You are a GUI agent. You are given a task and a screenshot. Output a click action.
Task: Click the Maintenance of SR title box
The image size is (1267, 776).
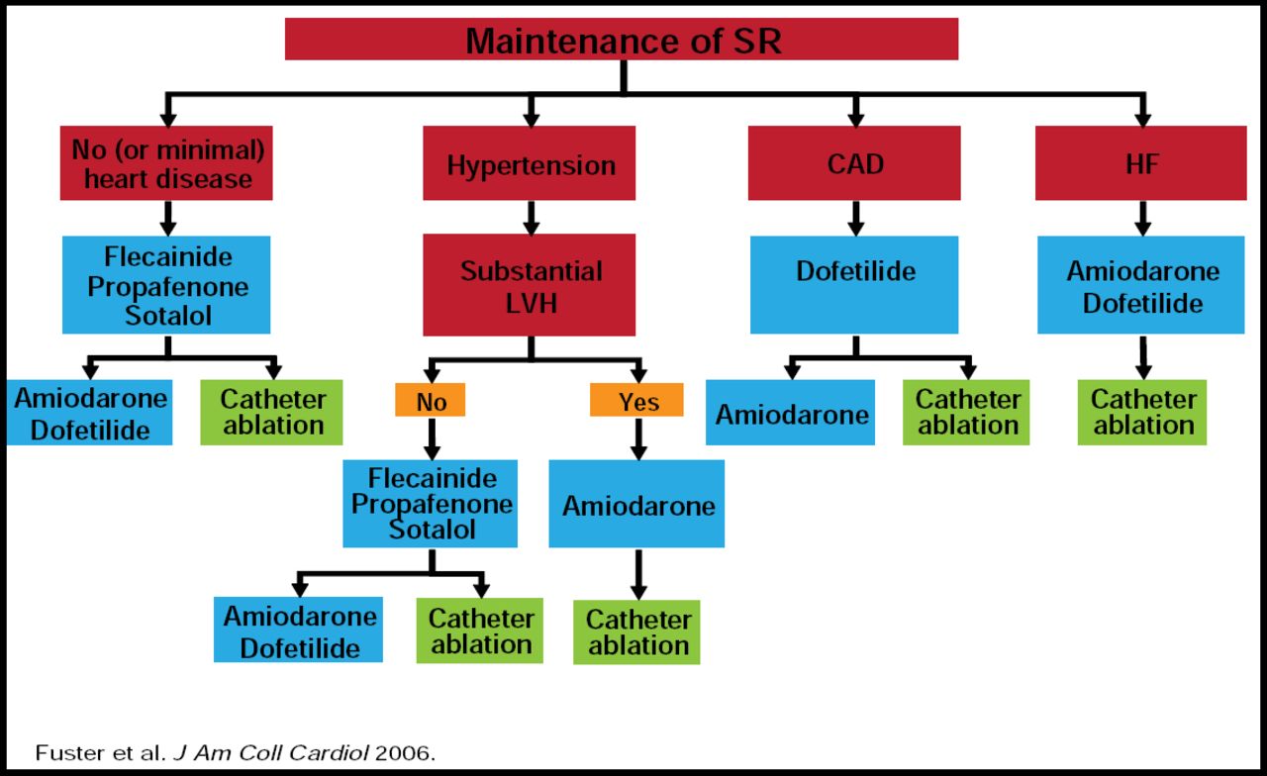(622, 40)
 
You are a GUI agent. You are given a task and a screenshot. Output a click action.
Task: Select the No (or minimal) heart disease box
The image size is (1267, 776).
(166, 163)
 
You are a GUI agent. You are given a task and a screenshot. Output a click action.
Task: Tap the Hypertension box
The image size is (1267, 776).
(530, 164)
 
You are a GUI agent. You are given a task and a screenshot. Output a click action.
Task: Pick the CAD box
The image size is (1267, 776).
(854, 163)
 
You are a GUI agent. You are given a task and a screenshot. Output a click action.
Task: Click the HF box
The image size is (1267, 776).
(1140, 163)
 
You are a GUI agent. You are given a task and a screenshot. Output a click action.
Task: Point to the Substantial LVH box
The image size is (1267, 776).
(530, 285)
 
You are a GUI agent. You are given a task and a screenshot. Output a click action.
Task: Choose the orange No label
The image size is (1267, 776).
(431, 401)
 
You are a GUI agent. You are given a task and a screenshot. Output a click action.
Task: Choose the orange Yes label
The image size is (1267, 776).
(637, 401)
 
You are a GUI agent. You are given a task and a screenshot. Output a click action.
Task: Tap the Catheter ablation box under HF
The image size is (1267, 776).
(1142, 413)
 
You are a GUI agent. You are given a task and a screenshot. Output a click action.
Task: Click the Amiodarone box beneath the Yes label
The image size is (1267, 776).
(637, 505)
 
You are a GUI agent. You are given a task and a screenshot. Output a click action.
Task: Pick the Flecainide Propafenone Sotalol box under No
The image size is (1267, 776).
(431, 504)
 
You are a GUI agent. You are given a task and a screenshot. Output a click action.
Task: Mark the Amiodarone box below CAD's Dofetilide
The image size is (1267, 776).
(791, 413)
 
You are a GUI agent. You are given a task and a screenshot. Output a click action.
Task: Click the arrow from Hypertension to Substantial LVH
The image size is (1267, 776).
(531, 217)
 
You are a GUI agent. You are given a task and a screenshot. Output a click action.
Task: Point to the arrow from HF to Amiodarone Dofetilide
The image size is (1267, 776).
(1142, 218)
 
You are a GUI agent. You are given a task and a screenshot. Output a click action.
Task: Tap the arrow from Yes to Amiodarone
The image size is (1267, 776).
(638, 438)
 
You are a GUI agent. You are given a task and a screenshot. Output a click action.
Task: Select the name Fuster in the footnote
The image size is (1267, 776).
(61, 752)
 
